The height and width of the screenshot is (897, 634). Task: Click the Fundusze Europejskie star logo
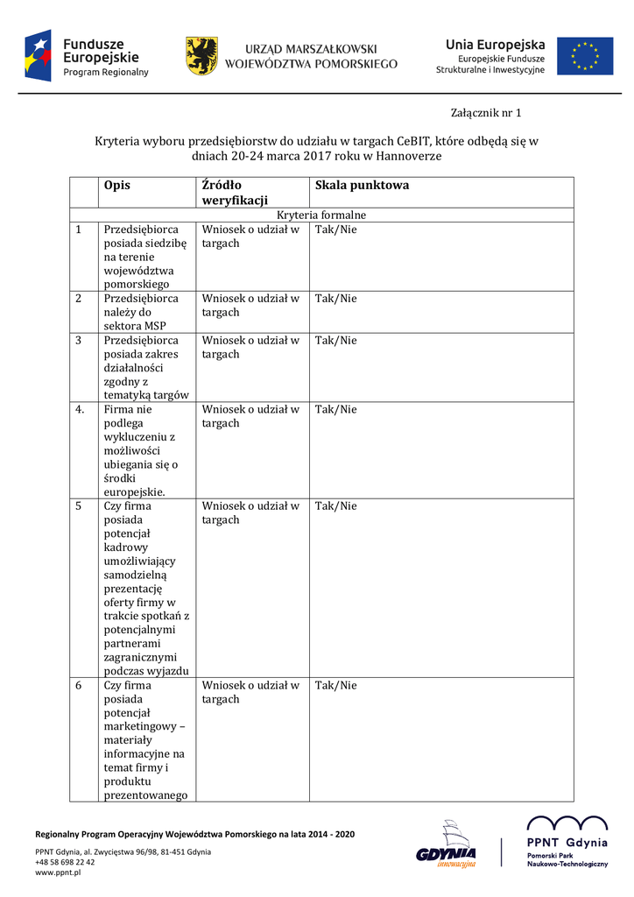(x=39, y=55)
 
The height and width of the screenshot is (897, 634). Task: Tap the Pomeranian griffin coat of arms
(x=201, y=55)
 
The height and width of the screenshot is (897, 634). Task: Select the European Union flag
(x=585, y=55)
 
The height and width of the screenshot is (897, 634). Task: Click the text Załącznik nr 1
(x=485, y=113)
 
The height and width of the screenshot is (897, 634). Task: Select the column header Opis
(x=116, y=185)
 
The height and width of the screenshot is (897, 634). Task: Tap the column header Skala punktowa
(x=362, y=185)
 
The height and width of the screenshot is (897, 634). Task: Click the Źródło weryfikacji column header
(x=234, y=193)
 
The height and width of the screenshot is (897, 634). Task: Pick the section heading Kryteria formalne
(x=321, y=215)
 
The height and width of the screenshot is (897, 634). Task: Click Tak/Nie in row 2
(x=336, y=299)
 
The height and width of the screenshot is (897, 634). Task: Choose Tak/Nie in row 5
(x=336, y=506)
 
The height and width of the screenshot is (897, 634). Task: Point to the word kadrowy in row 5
(x=127, y=547)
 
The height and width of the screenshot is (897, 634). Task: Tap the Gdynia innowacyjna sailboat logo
(x=447, y=844)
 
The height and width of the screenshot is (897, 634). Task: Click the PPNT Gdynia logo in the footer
(x=567, y=842)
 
